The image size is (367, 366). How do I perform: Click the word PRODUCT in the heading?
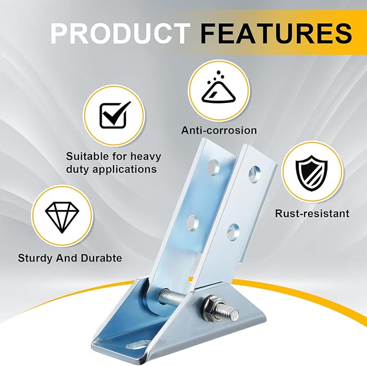(x=121, y=33)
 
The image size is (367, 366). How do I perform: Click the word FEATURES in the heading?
(x=276, y=33)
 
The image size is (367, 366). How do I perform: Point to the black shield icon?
(x=311, y=173)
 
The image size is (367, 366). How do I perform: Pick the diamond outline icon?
(x=62, y=217)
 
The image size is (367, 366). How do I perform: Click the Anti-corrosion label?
(x=219, y=130)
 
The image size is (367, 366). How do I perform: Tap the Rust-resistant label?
(x=312, y=213)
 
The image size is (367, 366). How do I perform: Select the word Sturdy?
(x=36, y=258)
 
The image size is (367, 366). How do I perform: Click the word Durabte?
(x=102, y=258)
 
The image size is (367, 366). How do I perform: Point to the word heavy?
(x=145, y=156)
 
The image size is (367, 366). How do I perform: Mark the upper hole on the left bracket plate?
(x=213, y=168)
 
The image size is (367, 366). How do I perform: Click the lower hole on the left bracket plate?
(x=192, y=222)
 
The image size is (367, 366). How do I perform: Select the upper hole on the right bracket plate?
(x=255, y=174)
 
